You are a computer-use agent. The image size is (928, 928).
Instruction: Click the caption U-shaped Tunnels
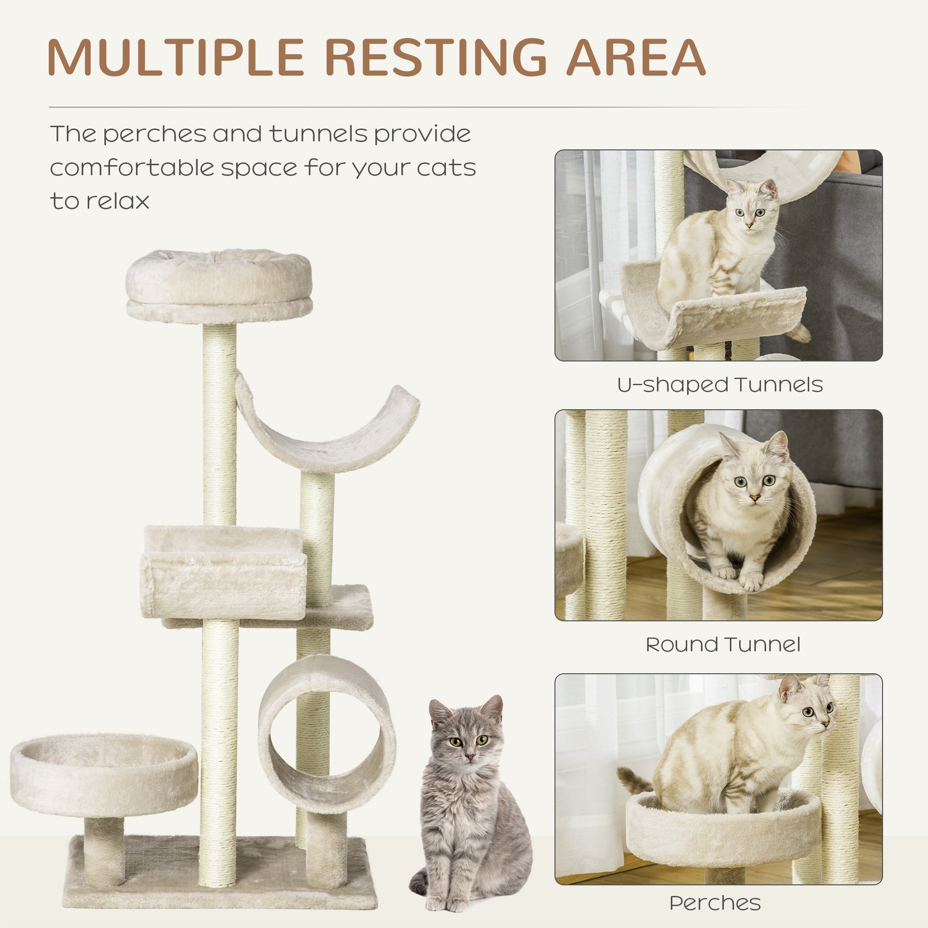pyautogui.click(x=720, y=385)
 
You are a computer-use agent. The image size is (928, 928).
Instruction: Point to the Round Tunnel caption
pyautogui.click(x=723, y=645)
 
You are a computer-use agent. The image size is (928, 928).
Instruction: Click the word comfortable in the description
pyautogui.click(x=131, y=168)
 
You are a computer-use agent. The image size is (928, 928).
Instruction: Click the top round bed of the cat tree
pyautogui.click(x=219, y=286)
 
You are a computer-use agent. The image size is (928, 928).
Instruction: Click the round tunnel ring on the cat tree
pyautogui.click(x=327, y=735)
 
